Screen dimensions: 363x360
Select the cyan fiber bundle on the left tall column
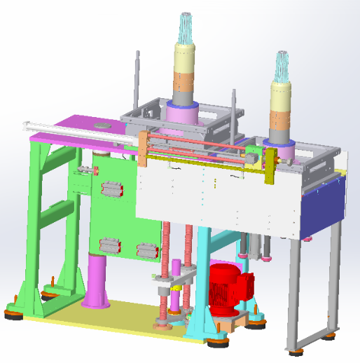(x=186, y=31)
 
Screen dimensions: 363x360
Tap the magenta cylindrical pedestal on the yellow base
(x=95, y=280)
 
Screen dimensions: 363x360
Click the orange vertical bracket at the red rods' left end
(x=142, y=149)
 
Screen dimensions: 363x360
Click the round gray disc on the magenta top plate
(x=103, y=125)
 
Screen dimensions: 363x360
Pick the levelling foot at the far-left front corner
(x=12, y=313)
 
